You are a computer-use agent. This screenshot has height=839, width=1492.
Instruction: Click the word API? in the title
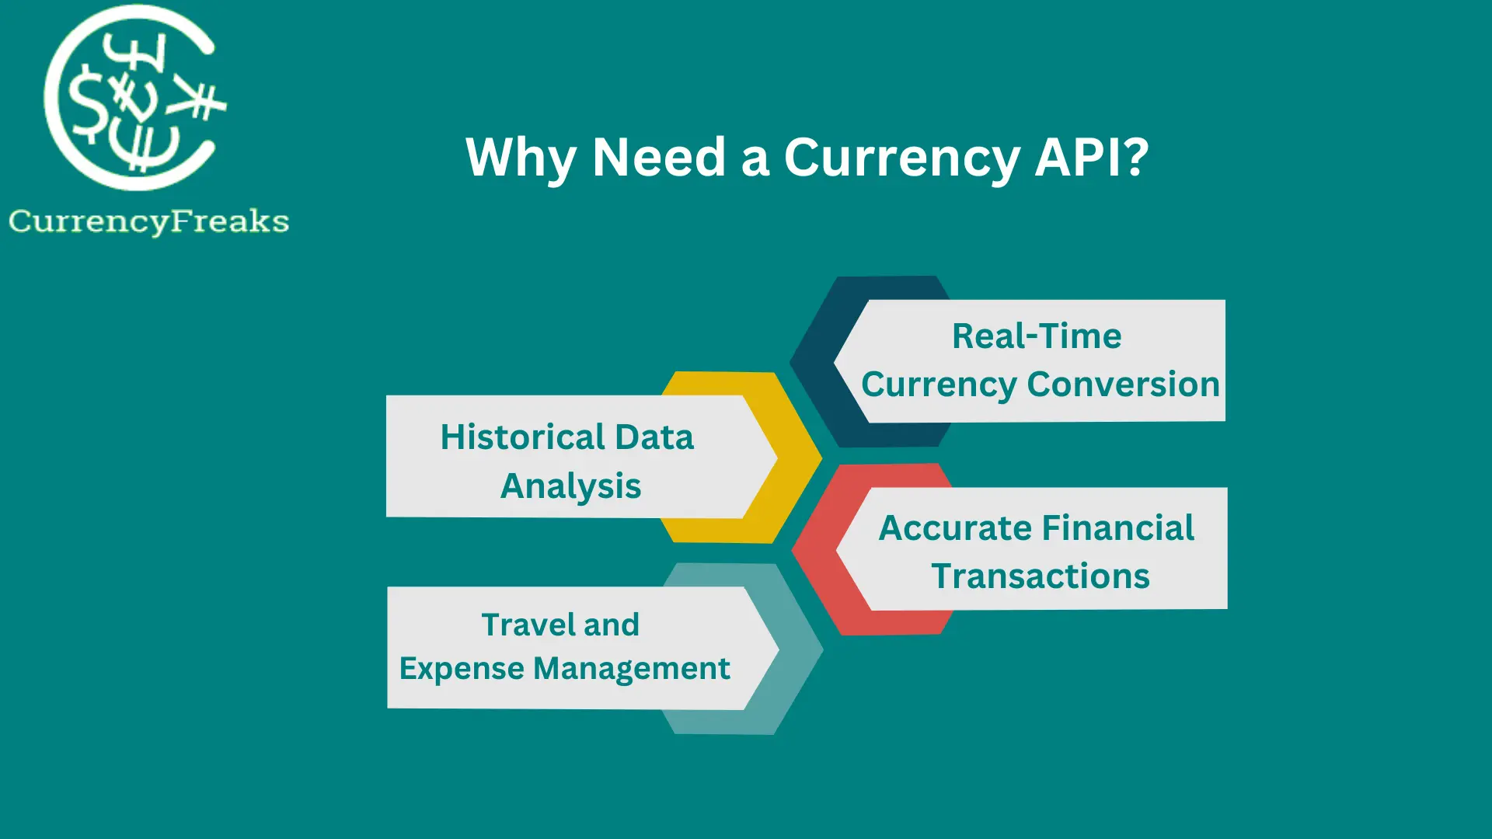pos(1091,158)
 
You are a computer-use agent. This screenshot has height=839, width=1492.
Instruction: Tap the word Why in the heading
pos(521,158)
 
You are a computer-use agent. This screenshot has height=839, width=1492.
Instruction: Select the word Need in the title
pos(659,158)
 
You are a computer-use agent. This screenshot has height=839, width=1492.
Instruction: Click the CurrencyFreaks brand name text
pos(149,221)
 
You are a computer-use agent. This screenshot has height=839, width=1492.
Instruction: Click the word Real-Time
pos(1037,336)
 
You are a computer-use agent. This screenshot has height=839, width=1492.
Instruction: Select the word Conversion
pos(1123,385)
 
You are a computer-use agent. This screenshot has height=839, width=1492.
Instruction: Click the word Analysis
pos(571,486)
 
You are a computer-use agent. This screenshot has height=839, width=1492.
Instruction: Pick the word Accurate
pos(954,528)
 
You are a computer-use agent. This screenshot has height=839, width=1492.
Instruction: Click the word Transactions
pos(1041,576)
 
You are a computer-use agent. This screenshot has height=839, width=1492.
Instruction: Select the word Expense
pos(462,669)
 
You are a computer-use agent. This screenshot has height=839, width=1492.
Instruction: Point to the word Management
pos(632,669)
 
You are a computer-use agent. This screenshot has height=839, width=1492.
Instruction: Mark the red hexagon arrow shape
pos(816,552)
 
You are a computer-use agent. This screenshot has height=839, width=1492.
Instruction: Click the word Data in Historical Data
pos(654,437)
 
